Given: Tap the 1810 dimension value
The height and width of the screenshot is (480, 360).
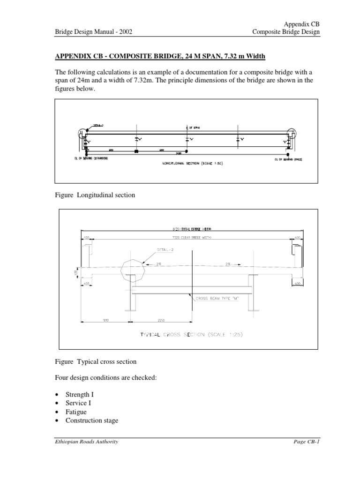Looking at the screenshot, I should click(x=106, y=320).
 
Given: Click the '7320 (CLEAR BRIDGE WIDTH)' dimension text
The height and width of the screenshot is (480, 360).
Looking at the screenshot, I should click(x=186, y=237).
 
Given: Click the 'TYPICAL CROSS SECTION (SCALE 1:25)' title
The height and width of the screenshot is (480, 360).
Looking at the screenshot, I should click(x=191, y=335).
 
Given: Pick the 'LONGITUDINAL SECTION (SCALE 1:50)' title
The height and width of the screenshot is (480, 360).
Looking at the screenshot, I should click(x=187, y=165).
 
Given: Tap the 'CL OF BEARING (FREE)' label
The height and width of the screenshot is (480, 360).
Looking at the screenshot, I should click(x=287, y=159).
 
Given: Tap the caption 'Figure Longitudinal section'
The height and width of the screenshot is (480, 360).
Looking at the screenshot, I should click(x=95, y=195).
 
